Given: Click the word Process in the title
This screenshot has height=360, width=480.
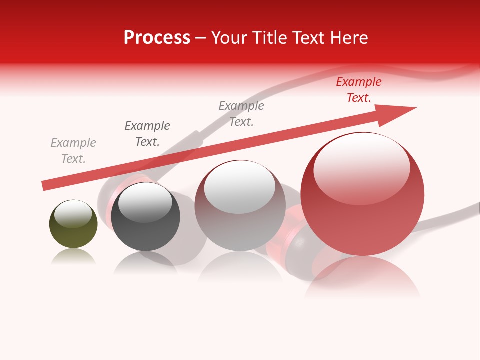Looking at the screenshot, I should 157,37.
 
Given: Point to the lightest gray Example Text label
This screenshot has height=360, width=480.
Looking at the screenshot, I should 73,151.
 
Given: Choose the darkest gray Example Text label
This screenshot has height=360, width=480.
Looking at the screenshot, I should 147,134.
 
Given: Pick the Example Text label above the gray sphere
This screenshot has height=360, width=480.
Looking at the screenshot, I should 241,114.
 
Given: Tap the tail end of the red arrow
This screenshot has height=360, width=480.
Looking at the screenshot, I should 46,185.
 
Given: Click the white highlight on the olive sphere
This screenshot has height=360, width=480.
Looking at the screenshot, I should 73,213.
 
